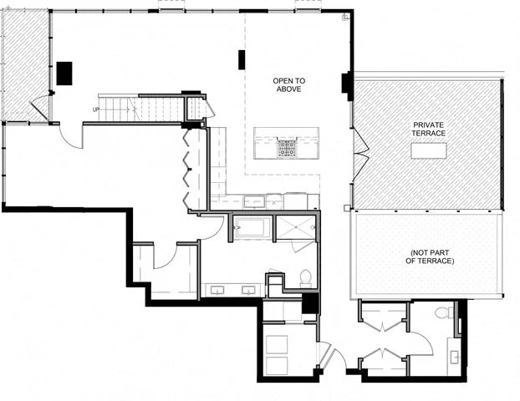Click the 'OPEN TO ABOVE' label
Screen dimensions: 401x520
pyautogui.click(x=288, y=84)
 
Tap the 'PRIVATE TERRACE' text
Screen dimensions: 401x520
pyautogui.click(x=428, y=129)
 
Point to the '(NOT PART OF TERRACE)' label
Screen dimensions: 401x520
pyautogui.click(x=430, y=256)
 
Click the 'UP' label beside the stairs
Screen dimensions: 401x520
pyautogui.click(x=95, y=109)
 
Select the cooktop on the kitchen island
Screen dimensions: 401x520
pyautogui.click(x=287, y=148)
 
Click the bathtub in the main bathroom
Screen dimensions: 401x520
pyautogui.click(x=252, y=226)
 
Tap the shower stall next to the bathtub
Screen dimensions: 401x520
pyautogui.click(x=296, y=227)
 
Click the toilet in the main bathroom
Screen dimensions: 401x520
pyautogui.click(x=305, y=277)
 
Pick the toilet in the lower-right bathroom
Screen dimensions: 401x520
pyautogui.click(x=444, y=312)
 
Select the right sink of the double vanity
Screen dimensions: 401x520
pyautogui.click(x=248, y=290)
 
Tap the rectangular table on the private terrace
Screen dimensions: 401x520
pyautogui.click(x=428, y=150)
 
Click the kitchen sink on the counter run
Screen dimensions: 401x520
pyautogui.click(x=252, y=200)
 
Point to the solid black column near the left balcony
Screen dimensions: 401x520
pyautogui.click(x=65, y=73)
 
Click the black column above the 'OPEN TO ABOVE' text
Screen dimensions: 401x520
pyautogui.click(x=242, y=59)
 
